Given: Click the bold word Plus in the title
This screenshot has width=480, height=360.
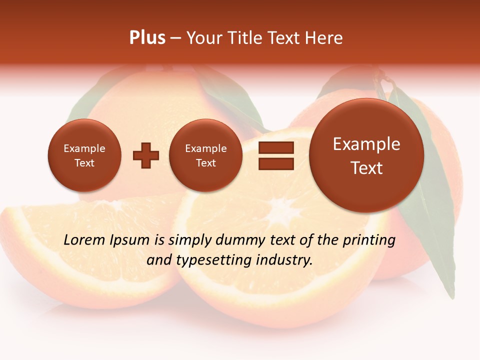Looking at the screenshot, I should pyautogui.click(x=147, y=38).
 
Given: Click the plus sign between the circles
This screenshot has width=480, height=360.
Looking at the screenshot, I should pyautogui.click(x=146, y=155).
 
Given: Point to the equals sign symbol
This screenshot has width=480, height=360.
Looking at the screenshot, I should pyautogui.click(x=276, y=155).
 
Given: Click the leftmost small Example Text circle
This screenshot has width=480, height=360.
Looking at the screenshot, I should pyautogui.click(x=84, y=155).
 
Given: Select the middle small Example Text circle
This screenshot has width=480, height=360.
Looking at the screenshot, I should pyautogui.click(x=205, y=155).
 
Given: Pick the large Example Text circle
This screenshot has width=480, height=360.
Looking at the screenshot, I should pyautogui.click(x=366, y=155).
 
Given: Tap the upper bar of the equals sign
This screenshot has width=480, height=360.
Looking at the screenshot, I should pyautogui.click(x=276, y=147).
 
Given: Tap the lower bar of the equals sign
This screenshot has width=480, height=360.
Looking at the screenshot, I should pyautogui.click(x=276, y=163).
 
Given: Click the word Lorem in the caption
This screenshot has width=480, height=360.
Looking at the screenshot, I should pyautogui.click(x=84, y=240).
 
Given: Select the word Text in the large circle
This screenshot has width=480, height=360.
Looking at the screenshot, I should pyautogui.click(x=366, y=168).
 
